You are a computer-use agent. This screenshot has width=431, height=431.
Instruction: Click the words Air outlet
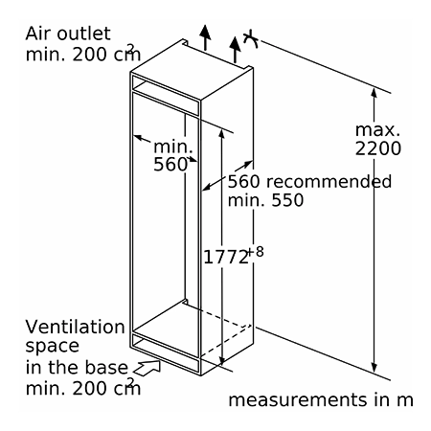[68, 34]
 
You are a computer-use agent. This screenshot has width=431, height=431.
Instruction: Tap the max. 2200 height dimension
[378, 139]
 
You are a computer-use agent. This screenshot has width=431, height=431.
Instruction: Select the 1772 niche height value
[226, 257]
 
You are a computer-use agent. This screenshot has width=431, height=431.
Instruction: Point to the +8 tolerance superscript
[256, 252]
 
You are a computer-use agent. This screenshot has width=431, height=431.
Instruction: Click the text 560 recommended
[309, 181]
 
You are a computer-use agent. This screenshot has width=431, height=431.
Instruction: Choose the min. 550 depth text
[265, 200]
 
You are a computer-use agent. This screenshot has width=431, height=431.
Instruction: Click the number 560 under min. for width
[170, 165]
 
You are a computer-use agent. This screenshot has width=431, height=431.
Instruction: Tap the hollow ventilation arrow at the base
[147, 367]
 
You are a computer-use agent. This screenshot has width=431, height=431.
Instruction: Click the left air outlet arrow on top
[205, 37]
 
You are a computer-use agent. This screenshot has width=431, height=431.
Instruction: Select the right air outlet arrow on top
[236, 50]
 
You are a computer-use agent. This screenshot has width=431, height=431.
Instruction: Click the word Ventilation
[75, 327]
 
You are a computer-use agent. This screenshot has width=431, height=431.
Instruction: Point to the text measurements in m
[321, 399]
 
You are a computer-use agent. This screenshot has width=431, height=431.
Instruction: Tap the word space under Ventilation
[52, 347]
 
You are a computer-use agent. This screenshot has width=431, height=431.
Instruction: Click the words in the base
[77, 367]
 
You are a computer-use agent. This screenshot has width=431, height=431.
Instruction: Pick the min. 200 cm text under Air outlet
[83, 54]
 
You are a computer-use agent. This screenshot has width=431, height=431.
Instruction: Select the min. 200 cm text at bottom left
[83, 388]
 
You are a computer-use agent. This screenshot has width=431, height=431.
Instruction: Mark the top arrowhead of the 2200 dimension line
[374, 92]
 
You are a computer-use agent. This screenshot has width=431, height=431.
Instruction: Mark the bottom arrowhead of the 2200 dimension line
[374, 368]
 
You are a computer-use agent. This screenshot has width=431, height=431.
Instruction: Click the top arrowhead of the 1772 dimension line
[222, 134]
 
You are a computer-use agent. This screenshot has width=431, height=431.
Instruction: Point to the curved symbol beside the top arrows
[251, 39]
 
